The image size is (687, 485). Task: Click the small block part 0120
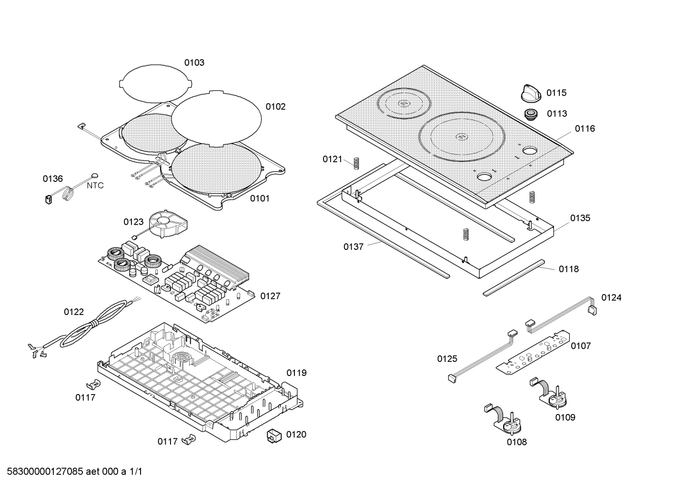274,435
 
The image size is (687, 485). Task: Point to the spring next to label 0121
355,162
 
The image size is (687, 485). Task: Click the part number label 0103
194,62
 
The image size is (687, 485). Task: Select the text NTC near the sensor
95,186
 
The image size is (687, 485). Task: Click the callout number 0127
270,296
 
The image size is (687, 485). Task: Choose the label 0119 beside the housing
296,373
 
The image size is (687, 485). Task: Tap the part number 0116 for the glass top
585,129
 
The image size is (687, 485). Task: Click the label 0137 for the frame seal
353,247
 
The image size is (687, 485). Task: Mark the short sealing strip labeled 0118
515,277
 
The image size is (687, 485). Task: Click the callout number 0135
580,218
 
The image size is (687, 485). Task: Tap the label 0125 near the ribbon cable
447,359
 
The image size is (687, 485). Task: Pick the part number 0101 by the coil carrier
260,198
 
